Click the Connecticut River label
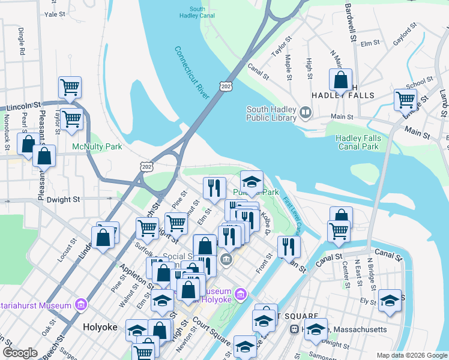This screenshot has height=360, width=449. coord(193,74)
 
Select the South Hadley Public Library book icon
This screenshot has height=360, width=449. coord(306,113)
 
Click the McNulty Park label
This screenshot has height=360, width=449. coord(97,146)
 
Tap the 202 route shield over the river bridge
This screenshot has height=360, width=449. coord(226,87)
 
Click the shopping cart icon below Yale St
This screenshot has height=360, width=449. coord(70,88)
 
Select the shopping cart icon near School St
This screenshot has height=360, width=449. coord(406,100)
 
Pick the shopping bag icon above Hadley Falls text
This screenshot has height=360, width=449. coord(340,80)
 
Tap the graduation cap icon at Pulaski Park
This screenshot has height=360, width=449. coord(252,182)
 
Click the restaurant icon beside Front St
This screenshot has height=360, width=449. coord(289,246)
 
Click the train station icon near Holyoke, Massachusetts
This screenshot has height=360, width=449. coord(295,329)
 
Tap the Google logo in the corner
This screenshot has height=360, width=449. coord(20,353)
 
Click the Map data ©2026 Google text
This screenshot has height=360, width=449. coord(412,355)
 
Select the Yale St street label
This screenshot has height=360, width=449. coord(54,13)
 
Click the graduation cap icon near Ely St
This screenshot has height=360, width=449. coord(390,301)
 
